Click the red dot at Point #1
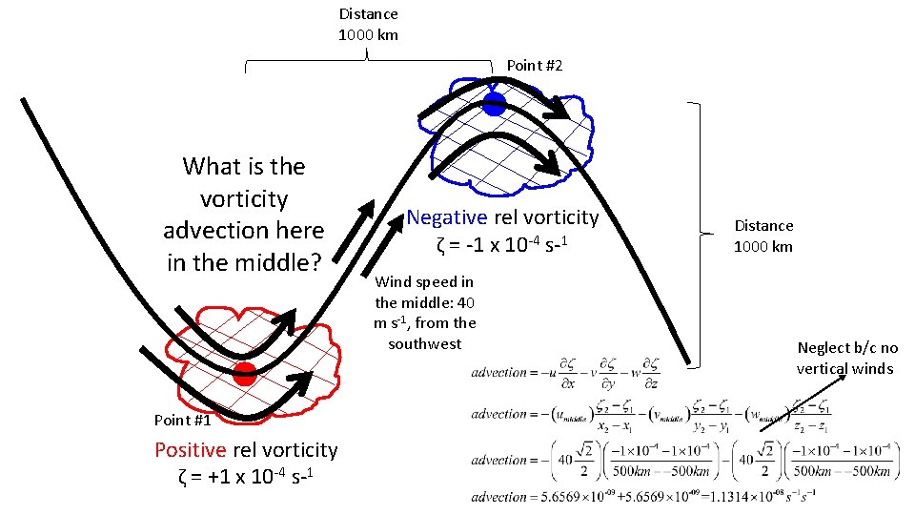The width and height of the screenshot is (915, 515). click(x=245, y=374)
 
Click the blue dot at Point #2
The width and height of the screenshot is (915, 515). click(x=494, y=105)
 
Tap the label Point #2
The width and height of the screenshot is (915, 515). click(x=534, y=65)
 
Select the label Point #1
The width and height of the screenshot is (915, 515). click(x=182, y=420)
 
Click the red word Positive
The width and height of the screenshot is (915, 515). click(x=190, y=450)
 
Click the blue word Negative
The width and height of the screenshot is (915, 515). click(x=446, y=217)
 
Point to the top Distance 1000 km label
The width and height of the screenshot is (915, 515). click(x=369, y=25)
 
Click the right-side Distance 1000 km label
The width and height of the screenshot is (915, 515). click(x=762, y=236)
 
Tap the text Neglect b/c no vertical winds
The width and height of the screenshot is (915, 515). click(x=846, y=359)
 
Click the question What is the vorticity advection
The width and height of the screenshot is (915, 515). click(x=244, y=214)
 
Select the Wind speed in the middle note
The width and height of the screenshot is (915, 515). click(x=424, y=313)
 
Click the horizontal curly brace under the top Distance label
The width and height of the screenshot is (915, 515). click(x=368, y=63)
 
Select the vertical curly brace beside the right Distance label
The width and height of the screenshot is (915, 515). click(x=703, y=234)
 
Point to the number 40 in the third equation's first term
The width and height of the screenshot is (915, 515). click(x=566, y=459)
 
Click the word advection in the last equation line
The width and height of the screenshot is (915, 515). click(x=498, y=496)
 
